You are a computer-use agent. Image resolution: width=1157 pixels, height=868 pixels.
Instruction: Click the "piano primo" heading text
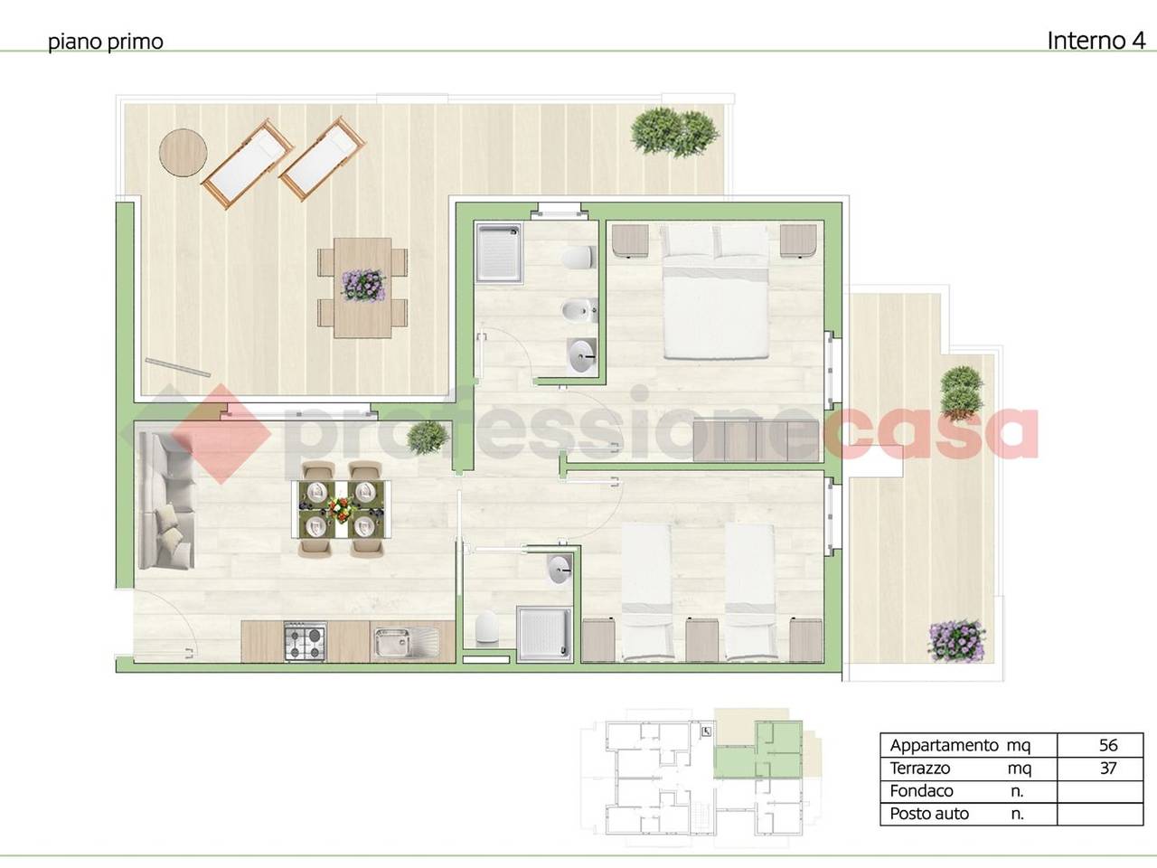[x=106, y=42]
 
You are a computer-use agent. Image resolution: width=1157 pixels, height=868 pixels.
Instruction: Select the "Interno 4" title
[x=1096, y=41]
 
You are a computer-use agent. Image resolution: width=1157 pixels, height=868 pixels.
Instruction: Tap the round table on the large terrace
[x=183, y=153]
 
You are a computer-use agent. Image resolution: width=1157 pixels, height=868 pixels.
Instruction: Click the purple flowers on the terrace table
[x=362, y=285]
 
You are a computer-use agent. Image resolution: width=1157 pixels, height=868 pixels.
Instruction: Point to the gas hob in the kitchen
[x=306, y=642]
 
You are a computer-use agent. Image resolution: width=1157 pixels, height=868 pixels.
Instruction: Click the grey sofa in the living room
[x=166, y=501]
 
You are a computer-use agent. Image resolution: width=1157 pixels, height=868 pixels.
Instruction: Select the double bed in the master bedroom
[x=715, y=292]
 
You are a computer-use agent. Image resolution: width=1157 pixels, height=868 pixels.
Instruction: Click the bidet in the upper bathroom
[x=578, y=310]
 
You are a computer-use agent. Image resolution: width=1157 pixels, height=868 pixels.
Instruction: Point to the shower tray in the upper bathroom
[x=499, y=252]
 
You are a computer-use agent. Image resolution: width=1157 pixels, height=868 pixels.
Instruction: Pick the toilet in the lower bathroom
[x=486, y=628]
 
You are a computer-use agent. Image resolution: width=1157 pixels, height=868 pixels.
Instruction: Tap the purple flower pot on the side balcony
[x=956, y=640]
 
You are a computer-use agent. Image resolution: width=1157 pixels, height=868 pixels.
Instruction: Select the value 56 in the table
[x=1108, y=745]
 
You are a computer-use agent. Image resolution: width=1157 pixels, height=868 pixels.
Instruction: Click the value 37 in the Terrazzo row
[x=1108, y=768]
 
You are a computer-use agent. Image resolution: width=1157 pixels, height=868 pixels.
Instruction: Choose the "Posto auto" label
[x=929, y=815]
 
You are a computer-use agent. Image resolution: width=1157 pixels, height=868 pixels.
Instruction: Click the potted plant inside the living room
[x=428, y=437]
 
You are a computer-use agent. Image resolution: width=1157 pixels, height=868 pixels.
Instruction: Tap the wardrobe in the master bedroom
[x=757, y=440]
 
